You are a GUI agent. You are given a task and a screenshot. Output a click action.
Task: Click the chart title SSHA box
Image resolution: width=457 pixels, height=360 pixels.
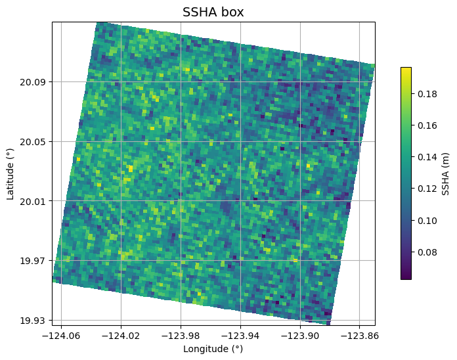coord(213,12)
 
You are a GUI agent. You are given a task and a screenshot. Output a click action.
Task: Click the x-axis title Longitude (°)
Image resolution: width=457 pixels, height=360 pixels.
coord(213,349)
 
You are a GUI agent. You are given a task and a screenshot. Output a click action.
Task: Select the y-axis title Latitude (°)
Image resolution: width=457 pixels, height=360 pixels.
coord(11,173)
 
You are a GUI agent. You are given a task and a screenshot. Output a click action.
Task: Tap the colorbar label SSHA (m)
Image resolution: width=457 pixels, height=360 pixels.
coord(446,173)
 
